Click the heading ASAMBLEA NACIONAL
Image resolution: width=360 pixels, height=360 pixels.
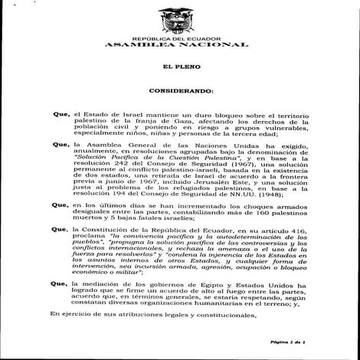(x=180, y=45)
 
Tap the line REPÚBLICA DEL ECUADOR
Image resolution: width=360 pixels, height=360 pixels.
(x=180, y=38)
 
